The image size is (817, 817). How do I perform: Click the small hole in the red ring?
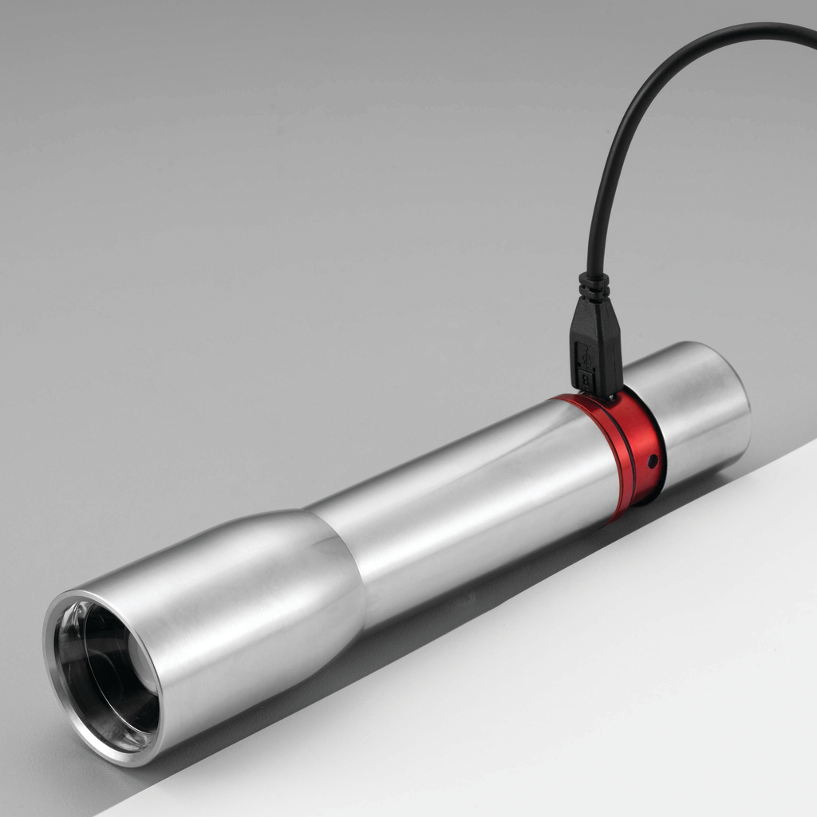653,460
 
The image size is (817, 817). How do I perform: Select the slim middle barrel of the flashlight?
479,495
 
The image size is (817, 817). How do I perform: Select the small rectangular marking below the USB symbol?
585,378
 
